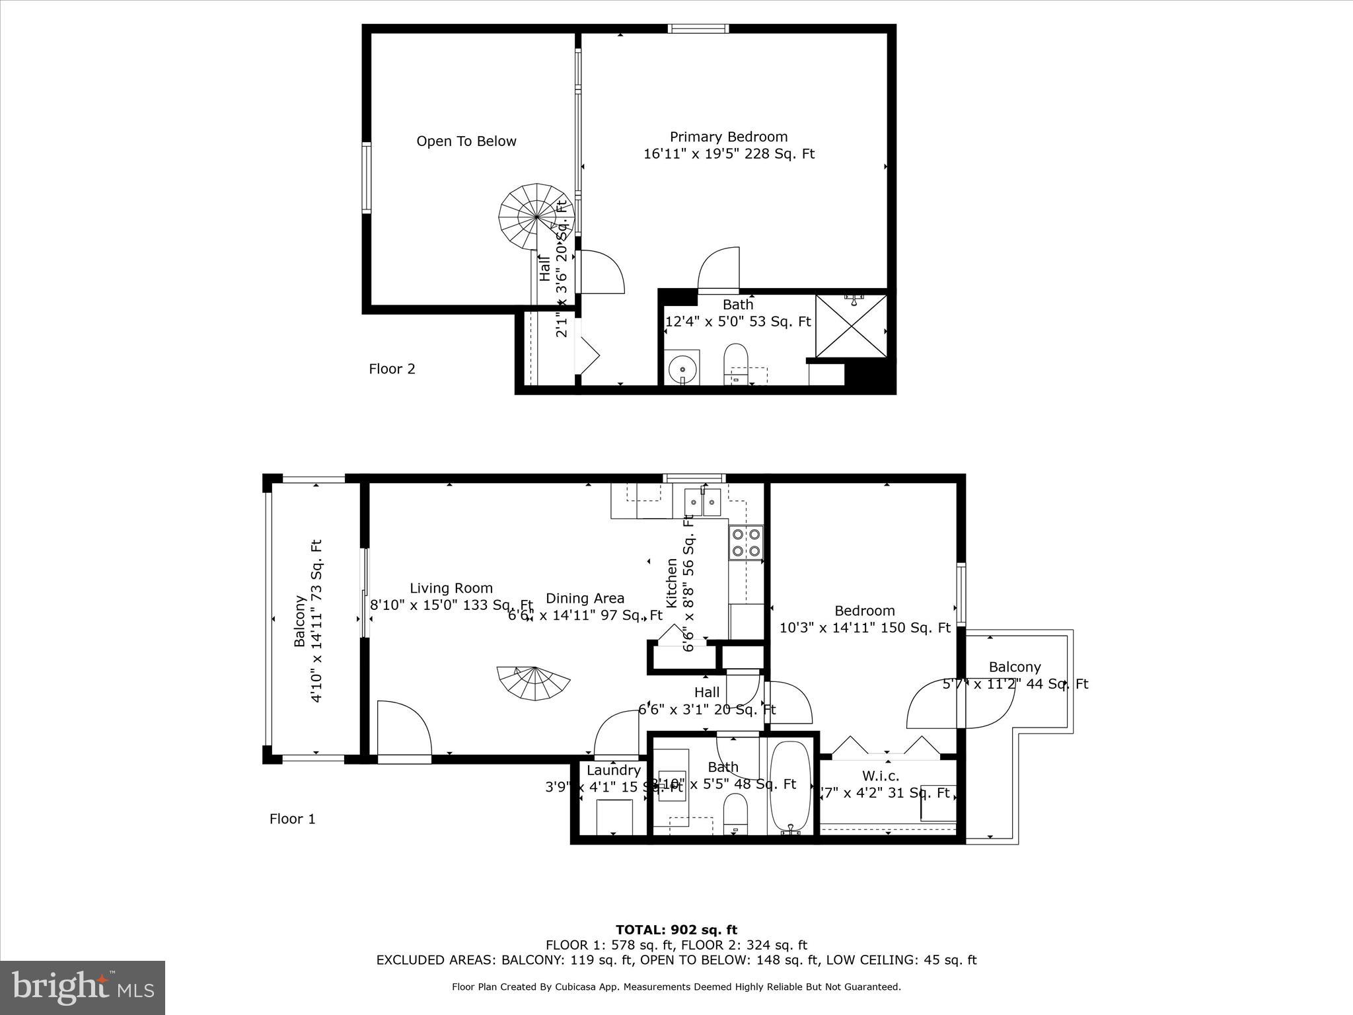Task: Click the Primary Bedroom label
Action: [728, 137]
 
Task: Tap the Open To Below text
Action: [466, 141]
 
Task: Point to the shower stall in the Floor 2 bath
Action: [851, 326]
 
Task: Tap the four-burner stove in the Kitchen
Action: [745, 542]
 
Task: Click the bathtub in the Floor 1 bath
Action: [789, 787]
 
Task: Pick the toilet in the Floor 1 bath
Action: [735, 813]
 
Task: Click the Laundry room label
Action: [613, 770]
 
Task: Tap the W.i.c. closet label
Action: [880, 775]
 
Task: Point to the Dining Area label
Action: [585, 598]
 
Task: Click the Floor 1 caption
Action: [292, 819]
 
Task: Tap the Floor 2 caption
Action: [392, 369]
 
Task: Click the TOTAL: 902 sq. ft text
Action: [676, 930]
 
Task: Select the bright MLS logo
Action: [83, 988]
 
